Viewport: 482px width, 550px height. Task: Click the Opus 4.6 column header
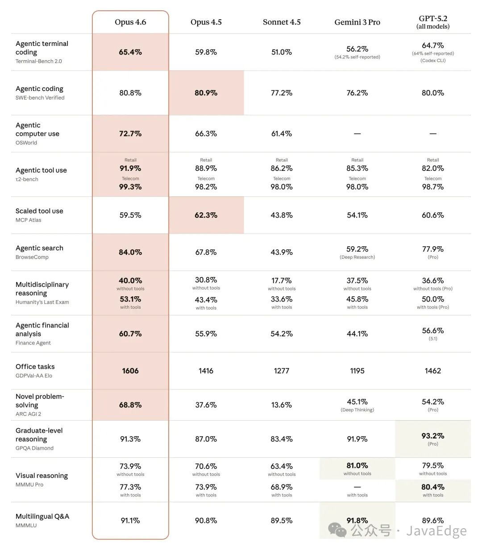click(x=130, y=22)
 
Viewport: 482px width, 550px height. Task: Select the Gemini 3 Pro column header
click(x=357, y=22)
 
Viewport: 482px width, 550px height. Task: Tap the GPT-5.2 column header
click(x=433, y=22)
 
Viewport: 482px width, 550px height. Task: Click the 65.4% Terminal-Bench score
click(x=130, y=52)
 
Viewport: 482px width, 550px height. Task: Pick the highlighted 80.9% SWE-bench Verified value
click(x=206, y=93)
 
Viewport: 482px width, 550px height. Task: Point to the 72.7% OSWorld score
click(x=130, y=134)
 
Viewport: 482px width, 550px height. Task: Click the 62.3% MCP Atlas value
click(x=206, y=215)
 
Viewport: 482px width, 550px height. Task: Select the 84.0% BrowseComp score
click(x=130, y=252)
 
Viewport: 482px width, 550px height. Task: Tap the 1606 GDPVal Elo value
click(x=130, y=371)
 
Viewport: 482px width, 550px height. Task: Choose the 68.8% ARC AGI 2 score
click(x=130, y=405)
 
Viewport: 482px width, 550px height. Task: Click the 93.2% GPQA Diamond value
click(x=433, y=436)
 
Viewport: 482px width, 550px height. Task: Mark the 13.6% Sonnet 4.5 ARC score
click(x=282, y=405)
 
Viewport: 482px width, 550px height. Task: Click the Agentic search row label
click(x=39, y=248)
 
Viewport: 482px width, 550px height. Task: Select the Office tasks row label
click(x=35, y=367)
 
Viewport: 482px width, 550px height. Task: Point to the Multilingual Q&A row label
click(x=42, y=517)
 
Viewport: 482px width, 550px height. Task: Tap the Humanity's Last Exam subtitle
click(x=42, y=302)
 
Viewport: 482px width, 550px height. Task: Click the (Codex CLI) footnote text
click(x=433, y=61)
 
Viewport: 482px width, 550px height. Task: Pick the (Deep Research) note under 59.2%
click(x=357, y=257)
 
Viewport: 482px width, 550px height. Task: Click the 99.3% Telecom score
click(x=130, y=187)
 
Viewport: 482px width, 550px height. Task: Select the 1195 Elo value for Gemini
click(x=357, y=371)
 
